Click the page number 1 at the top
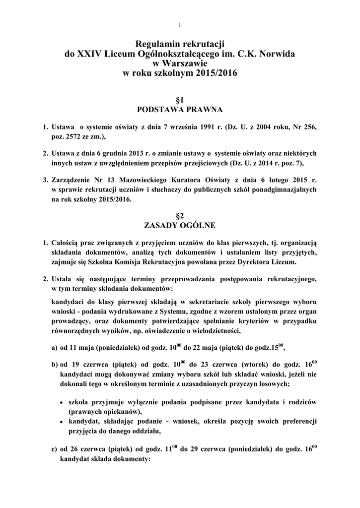[180, 25]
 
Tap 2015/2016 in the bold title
[216, 73]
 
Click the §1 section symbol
[180, 99]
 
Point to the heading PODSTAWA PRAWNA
[180, 109]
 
